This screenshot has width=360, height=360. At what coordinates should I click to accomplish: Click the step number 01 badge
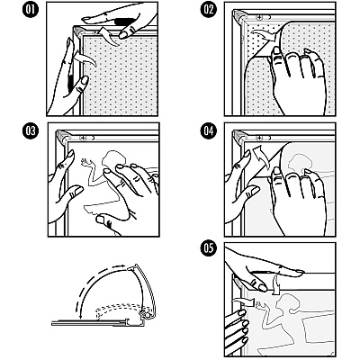[31, 10]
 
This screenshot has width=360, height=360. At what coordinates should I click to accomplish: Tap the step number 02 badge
[208, 10]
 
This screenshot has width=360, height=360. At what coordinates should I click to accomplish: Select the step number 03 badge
[31, 131]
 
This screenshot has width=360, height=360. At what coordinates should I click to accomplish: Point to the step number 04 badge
[208, 131]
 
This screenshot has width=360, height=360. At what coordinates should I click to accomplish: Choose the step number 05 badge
[208, 248]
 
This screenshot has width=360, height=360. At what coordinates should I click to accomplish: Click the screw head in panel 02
[259, 17]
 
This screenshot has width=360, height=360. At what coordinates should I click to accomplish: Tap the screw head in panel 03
[83, 138]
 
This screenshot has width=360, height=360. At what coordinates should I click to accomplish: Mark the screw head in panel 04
[259, 138]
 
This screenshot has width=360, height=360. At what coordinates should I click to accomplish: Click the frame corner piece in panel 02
[239, 16]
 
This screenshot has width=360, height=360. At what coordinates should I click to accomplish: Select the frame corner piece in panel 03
[63, 137]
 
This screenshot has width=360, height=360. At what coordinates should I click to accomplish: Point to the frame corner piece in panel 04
[239, 137]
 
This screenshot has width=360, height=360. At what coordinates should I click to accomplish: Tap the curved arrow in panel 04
[260, 157]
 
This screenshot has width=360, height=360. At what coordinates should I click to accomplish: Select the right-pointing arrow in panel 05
[245, 301]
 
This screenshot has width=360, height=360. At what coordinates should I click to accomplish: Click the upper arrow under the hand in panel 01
[107, 35]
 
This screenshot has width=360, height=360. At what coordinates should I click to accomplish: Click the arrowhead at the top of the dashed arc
[121, 265]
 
